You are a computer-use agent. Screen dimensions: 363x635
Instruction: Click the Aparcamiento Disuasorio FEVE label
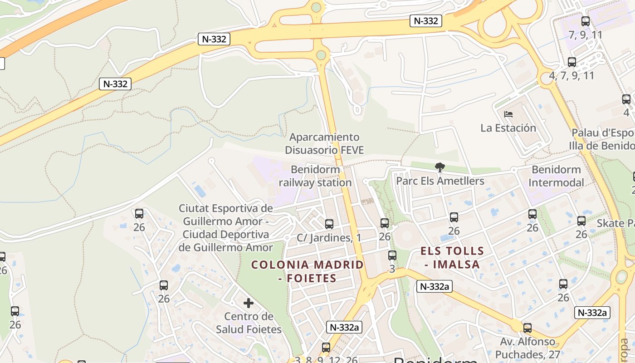(x=324, y=143)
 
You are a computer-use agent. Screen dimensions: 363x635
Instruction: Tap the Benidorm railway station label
(x=315, y=176)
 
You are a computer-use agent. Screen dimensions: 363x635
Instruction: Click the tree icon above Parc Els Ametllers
(x=439, y=167)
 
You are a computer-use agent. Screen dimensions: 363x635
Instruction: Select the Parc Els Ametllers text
(x=440, y=181)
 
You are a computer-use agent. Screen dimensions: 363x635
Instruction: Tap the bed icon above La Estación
(x=508, y=114)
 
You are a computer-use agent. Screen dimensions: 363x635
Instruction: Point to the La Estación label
(x=508, y=128)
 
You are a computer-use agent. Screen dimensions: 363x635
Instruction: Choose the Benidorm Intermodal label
(x=556, y=176)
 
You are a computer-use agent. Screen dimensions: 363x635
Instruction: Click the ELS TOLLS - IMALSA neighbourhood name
(x=452, y=257)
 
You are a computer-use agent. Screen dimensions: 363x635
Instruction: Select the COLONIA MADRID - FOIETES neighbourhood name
(x=308, y=271)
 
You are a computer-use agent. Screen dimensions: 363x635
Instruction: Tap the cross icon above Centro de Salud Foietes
(x=248, y=303)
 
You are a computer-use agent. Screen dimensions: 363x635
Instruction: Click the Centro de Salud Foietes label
(x=249, y=323)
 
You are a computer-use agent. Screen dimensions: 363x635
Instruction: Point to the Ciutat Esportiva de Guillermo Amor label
(x=225, y=228)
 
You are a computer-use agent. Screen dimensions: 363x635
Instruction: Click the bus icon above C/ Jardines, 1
(x=329, y=224)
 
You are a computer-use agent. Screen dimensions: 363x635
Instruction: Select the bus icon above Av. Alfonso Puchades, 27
(x=527, y=328)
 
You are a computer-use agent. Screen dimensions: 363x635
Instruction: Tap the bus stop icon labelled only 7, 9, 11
(x=585, y=21)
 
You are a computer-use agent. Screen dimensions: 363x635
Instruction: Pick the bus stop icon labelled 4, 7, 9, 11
(x=571, y=62)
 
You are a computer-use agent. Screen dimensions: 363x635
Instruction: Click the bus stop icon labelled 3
(x=392, y=255)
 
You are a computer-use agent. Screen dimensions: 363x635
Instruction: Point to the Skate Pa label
(x=615, y=223)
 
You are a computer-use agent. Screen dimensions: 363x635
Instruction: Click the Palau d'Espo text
(x=602, y=133)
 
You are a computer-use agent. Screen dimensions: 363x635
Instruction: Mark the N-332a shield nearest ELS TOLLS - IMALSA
(x=434, y=286)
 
